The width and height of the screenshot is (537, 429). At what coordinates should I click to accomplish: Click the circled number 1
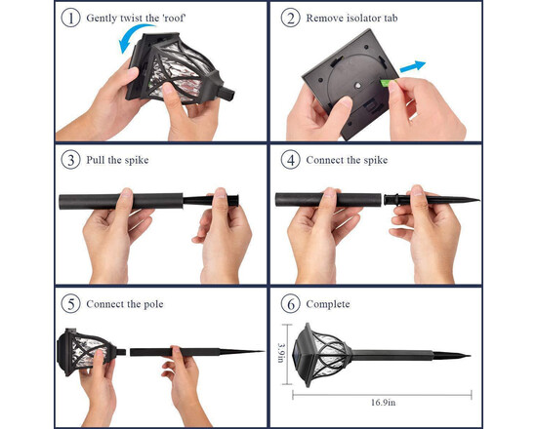point(71,18)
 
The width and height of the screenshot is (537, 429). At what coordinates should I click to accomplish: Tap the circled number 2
point(290,18)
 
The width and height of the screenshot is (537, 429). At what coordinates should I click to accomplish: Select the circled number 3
point(71,160)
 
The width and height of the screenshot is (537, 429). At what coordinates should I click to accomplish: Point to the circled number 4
point(290,160)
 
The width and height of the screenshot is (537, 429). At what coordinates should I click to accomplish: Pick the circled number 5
point(71,304)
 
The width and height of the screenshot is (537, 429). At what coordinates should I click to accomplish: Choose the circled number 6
point(290,304)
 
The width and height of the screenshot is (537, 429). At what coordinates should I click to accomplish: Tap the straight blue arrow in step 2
point(413,66)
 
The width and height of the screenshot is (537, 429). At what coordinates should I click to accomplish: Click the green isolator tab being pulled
point(387,83)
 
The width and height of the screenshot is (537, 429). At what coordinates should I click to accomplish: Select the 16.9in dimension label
point(383,403)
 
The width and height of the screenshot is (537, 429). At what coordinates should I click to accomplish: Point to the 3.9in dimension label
point(281,353)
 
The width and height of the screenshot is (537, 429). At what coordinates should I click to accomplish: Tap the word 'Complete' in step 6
point(328,304)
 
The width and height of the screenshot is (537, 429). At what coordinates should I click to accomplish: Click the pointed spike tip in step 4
point(478,200)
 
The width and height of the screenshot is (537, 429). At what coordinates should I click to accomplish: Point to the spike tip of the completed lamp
point(470,356)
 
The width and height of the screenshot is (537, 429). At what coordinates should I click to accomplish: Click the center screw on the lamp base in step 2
point(358,85)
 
